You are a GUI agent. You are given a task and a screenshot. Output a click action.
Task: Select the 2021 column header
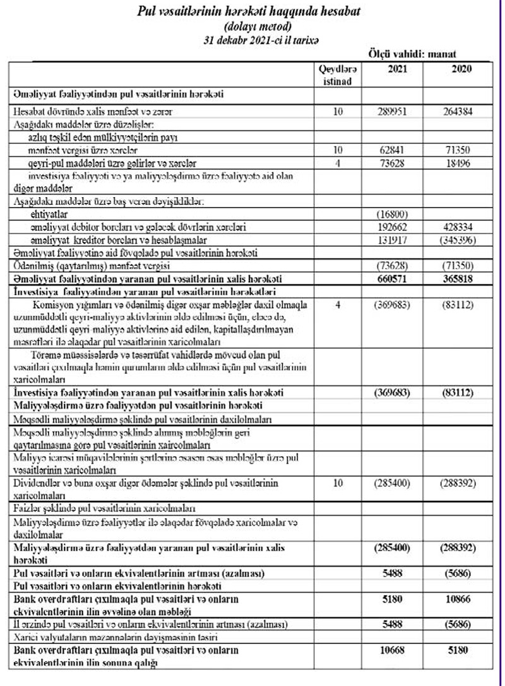click(394, 69)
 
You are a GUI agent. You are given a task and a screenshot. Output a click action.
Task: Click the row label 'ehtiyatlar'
click(48, 214)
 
